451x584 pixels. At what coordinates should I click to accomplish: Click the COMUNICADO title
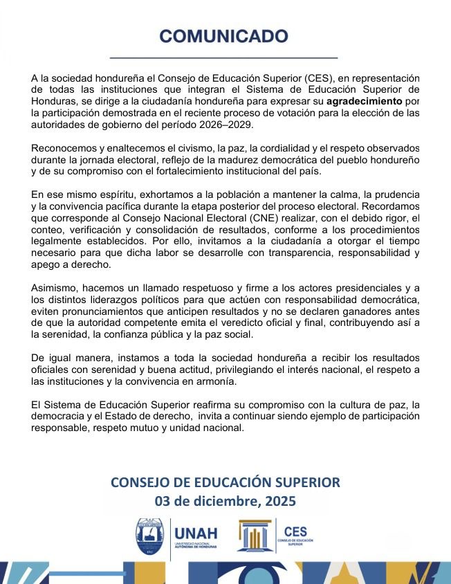pyautogui.click(x=225, y=36)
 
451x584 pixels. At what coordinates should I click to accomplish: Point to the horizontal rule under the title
pyautogui.click(x=225, y=57)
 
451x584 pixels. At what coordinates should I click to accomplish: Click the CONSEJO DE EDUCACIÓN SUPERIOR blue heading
pyautogui.click(x=225, y=482)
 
